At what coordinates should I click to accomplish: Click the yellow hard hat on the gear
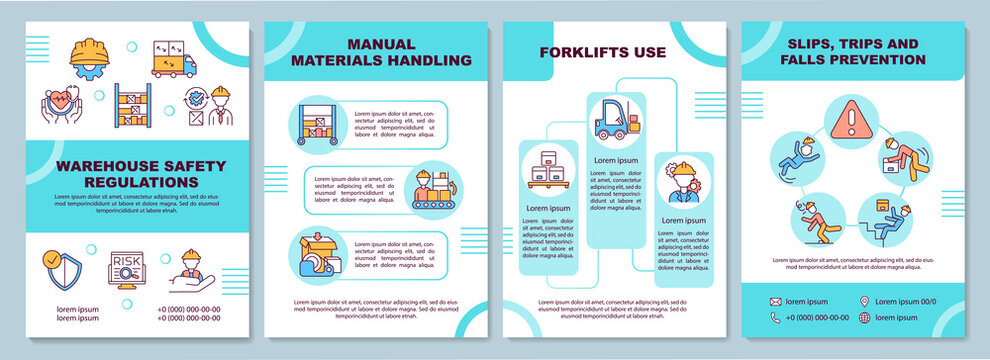pyautogui.click(x=89, y=52)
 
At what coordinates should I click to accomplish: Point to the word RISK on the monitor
pyautogui.click(x=125, y=261)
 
